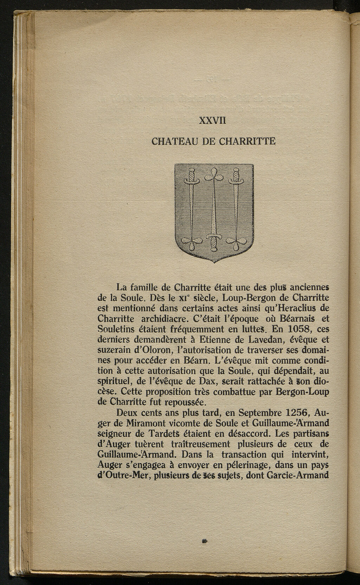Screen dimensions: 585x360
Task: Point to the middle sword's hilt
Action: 213,240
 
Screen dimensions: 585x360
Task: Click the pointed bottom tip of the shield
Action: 214,262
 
